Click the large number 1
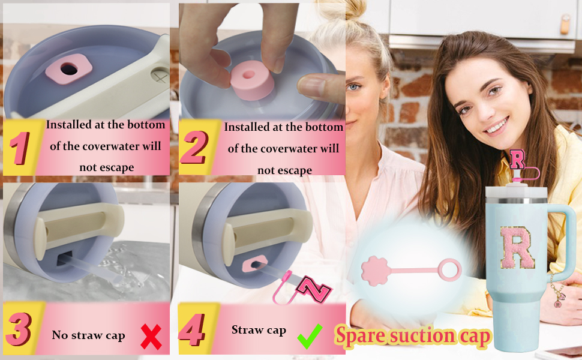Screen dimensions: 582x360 pos(20,148)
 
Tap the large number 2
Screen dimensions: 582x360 pos(194,148)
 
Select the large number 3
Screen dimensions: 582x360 pos(18,329)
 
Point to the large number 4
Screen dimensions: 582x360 pos(191,330)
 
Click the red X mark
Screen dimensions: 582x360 pos(151,337)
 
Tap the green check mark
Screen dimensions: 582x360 pos(310,336)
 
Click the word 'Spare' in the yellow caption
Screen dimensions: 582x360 pos(360,336)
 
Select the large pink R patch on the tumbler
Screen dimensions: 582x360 pos(517,247)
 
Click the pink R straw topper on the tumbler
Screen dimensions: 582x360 pos(517,159)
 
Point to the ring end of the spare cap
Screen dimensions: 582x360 pos(450,269)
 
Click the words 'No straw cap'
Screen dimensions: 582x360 pos(88,335)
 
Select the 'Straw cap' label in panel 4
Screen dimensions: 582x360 pos(259,330)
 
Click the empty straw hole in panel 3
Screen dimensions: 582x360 pos(64,258)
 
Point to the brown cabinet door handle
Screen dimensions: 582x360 pos(565,24)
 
